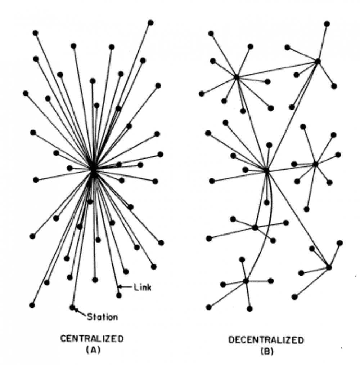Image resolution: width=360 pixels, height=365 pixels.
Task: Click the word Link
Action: (143, 288)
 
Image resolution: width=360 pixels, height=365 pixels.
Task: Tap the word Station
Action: (102, 317)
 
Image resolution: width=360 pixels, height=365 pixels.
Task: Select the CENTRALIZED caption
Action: (92, 339)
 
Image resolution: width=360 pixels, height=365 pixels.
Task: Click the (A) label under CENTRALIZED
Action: (93, 350)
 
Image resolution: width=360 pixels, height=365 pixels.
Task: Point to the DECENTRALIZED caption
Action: (266, 340)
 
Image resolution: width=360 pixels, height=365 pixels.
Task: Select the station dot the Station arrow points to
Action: (72, 307)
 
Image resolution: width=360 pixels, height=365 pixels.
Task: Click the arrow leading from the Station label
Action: (81, 312)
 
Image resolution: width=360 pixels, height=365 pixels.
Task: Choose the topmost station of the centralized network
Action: (151, 23)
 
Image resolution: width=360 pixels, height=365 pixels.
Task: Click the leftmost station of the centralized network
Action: (26, 94)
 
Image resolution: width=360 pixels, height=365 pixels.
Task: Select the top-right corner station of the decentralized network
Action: (327, 24)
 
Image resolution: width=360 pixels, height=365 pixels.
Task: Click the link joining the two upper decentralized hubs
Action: (277, 70)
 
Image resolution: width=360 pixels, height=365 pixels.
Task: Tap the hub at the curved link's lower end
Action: (246, 281)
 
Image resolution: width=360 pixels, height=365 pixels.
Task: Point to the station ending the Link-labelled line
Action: (119, 295)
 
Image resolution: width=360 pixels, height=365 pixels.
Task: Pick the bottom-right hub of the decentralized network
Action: (329, 267)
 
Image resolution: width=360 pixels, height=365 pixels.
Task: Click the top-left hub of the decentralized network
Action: (237, 77)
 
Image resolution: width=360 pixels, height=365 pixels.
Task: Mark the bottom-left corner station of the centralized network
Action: (32, 305)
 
